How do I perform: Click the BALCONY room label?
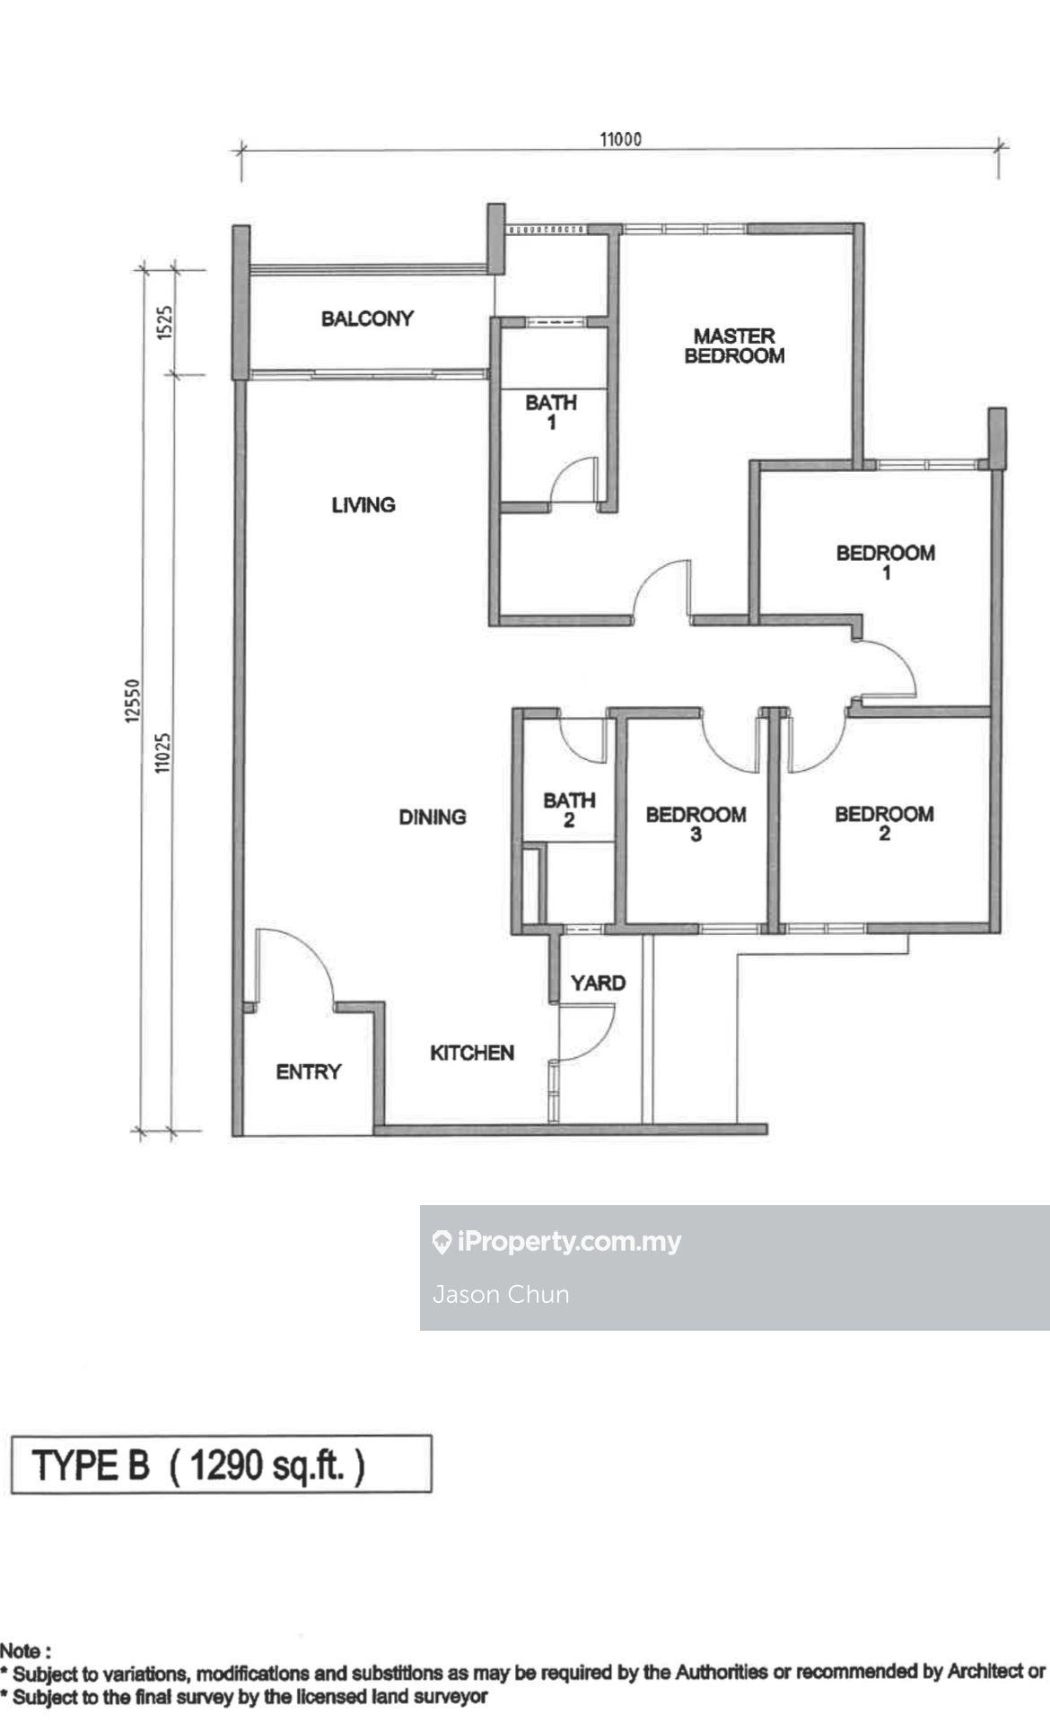coord(367,319)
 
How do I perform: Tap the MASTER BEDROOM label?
coord(734,345)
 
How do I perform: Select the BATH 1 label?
coord(551,412)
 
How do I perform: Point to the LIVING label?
coord(363,505)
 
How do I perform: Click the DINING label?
coord(433,817)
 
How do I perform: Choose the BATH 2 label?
coord(569,809)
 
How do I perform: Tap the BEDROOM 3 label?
coord(696,824)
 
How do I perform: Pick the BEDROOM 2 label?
coord(884,823)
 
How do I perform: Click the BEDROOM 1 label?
coord(886,562)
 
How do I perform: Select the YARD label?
coord(598,983)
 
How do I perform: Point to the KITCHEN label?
coord(472,1053)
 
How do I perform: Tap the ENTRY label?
coord(309,1071)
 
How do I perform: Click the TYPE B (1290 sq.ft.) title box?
coord(221,1464)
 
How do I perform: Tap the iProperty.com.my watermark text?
coord(556,1241)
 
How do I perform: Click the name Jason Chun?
coord(501,1294)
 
